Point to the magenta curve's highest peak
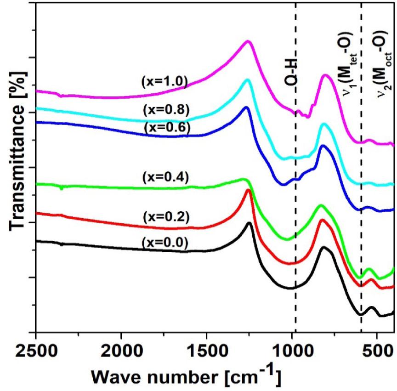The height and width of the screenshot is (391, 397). (248, 41)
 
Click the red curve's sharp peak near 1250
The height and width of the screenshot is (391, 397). (248, 190)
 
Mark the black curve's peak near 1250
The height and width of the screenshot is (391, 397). (250, 223)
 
